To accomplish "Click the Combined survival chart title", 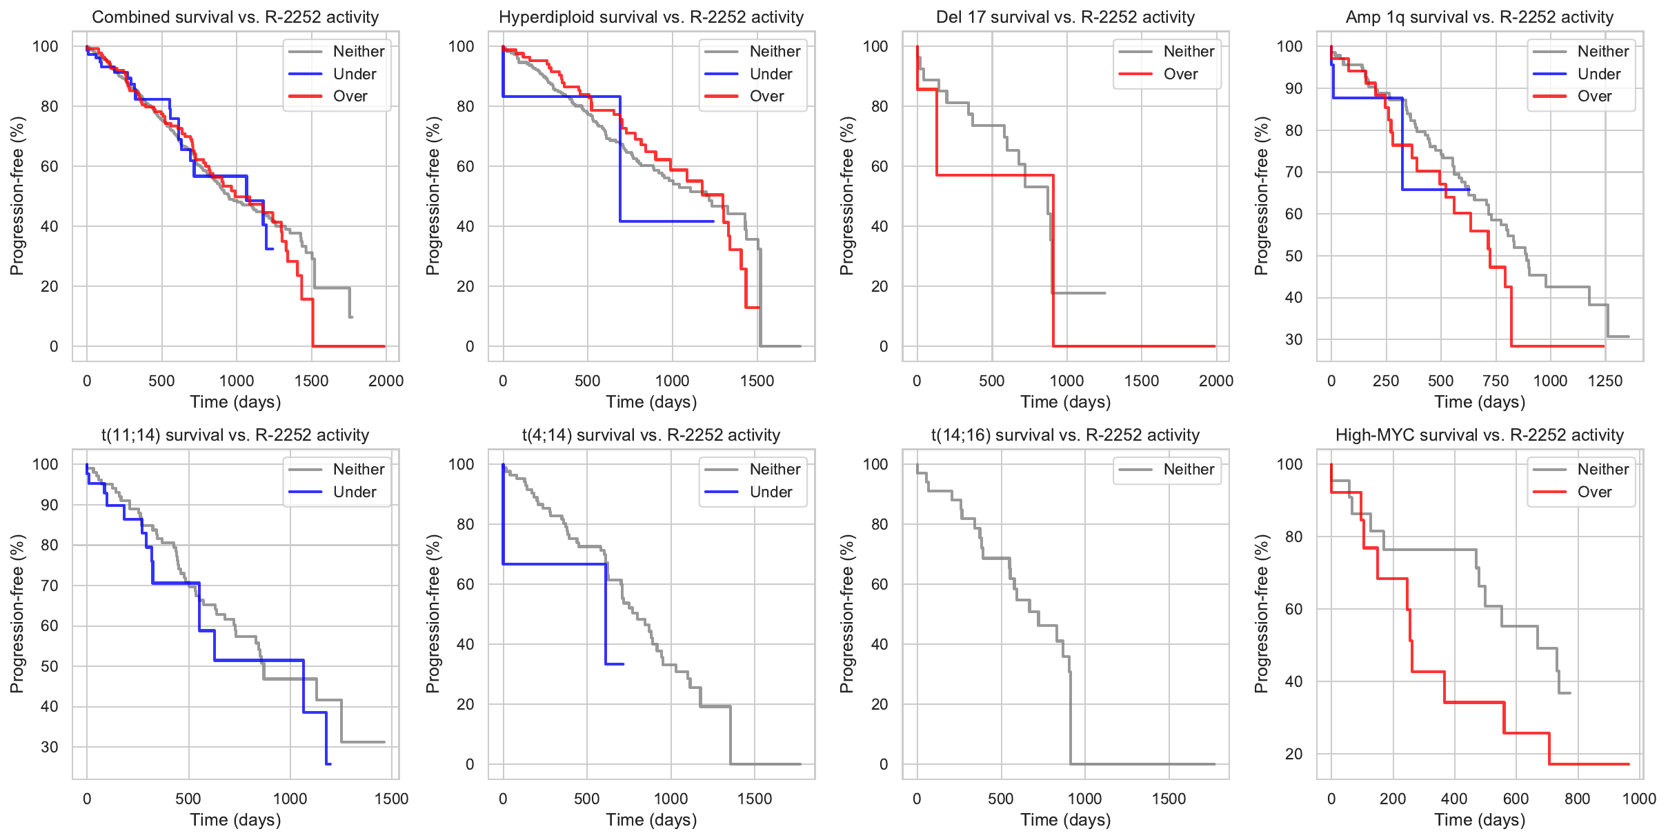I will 235,17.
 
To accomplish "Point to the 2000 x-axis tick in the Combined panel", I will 386,381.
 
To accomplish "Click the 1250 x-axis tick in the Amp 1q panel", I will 1605,381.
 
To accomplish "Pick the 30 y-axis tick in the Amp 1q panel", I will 1293,339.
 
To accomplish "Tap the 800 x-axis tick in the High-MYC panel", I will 1578,799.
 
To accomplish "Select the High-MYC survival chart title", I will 1480,435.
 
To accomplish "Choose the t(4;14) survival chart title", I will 651,435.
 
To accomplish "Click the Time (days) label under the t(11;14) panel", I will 235,820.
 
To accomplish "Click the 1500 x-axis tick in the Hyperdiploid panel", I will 757,381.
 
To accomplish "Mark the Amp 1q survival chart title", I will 1480,17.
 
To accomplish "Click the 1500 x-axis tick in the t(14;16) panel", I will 1169,799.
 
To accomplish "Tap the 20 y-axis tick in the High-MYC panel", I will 1293,754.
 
